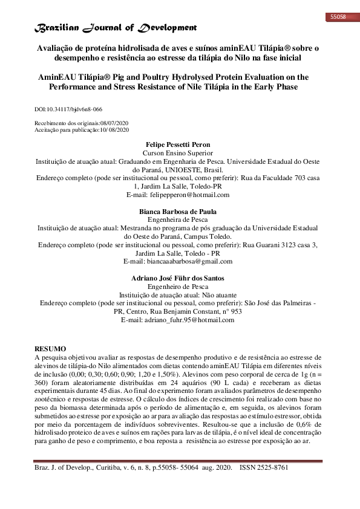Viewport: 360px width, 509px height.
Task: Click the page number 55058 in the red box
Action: (x=338, y=17)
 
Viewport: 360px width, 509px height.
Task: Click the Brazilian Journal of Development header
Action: (x=117, y=28)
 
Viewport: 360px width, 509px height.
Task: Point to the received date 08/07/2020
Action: (x=113, y=123)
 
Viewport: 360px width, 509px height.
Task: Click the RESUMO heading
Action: (x=50, y=349)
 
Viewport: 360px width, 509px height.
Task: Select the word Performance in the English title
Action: (x=73, y=86)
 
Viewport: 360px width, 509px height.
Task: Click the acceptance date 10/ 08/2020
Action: (x=113, y=129)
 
